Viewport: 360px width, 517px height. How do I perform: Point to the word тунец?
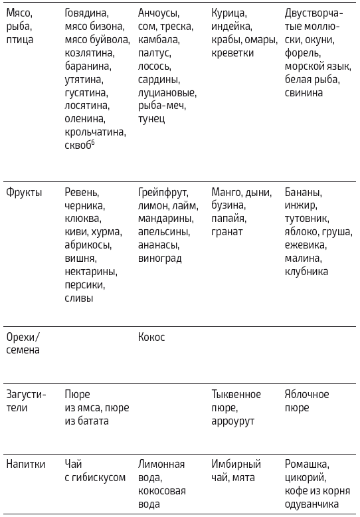(x=151, y=119)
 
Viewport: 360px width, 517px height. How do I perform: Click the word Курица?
(x=229, y=13)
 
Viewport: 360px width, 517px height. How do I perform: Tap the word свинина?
(x=304, y=92)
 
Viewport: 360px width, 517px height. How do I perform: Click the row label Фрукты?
(x=24, y=192)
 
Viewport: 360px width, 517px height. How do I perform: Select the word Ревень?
(x=82, y=192)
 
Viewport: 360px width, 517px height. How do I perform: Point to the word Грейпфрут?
(x=163, y=192)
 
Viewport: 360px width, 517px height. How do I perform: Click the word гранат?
(x=227, y=232)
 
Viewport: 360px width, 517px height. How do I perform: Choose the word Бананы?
(x=303, y=192)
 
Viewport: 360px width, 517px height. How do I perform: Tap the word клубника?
(x=306, y=272)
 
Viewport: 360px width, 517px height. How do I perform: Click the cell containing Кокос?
(x=151, y=337)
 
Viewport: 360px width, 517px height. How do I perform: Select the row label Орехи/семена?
(x=23, y=344)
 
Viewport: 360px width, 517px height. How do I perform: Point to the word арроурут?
(x=233, y=421)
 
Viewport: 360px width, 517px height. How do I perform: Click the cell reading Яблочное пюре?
(x=306, y=401)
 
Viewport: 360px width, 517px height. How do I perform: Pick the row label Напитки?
(x=25, y=464)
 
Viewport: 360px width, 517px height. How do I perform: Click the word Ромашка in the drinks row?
(x=306, y=464)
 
